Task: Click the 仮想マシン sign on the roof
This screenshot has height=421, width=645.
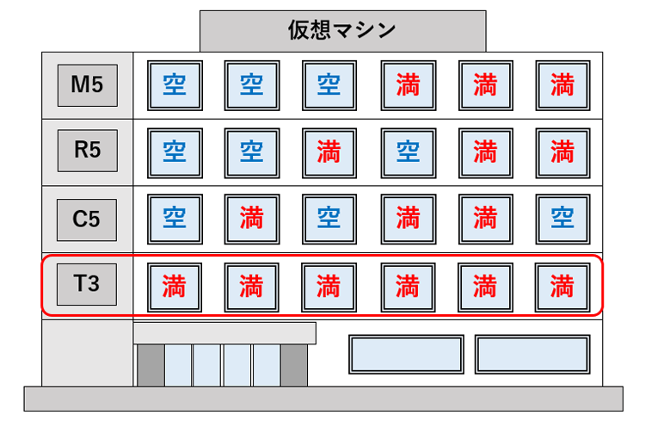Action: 341,31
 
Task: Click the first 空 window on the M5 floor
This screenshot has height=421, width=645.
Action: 174,84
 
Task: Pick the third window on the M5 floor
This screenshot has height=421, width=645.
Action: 329,84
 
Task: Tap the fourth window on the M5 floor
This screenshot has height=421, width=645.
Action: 407,84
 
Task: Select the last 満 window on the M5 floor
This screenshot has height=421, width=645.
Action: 562,84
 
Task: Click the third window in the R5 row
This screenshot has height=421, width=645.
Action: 329,151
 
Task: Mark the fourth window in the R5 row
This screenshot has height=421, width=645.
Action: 407,151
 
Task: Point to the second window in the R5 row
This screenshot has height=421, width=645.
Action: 251,151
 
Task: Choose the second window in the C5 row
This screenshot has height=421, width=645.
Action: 251,218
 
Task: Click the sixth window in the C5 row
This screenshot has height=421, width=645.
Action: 562,218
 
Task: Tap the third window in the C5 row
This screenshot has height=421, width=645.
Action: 329,218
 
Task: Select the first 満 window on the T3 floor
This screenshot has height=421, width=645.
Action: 174,284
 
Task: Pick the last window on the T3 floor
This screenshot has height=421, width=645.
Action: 562,284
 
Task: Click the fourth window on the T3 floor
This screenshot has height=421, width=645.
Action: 407,284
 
